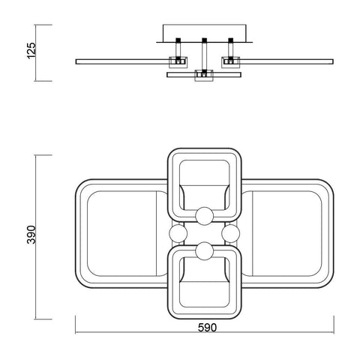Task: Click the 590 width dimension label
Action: pos(207,327)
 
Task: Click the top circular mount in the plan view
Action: pos(203,217)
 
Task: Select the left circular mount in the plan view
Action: pos(178,234)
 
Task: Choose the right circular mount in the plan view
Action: pos(229,234)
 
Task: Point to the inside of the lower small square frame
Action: pos(203,283)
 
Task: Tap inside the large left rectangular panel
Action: pos(120,234)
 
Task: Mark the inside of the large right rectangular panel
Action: pos(289,234)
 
